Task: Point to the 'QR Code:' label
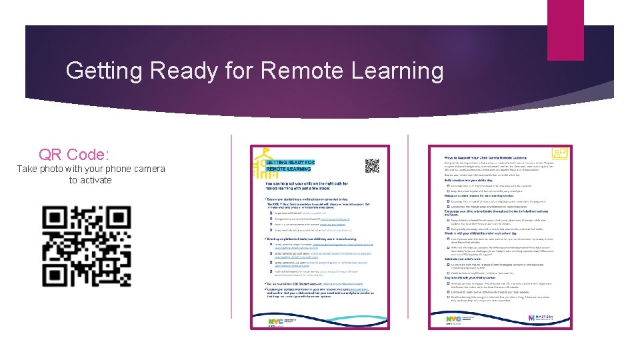(73, 155)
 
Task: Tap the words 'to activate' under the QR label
(91, 180)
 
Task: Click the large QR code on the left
(87, 246)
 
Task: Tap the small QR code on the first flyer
(371, 165)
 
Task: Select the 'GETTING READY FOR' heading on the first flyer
(291, 162)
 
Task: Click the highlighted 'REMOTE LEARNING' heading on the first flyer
(287, 171)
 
